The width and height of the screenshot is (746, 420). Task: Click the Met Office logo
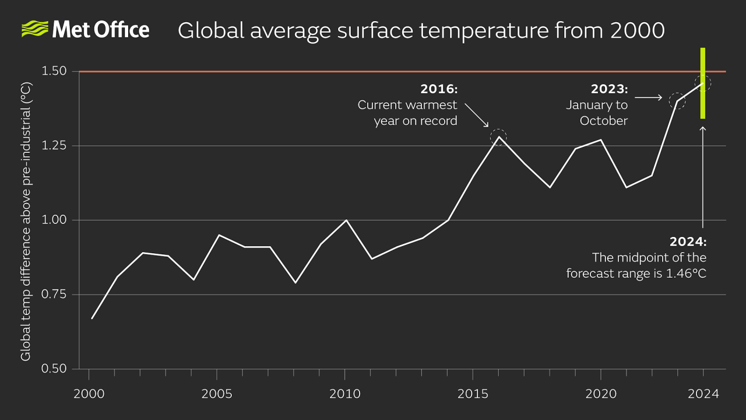[86, 29]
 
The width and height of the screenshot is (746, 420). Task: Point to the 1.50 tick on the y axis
[55, 71]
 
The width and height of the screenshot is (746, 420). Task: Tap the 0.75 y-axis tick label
[55, 295]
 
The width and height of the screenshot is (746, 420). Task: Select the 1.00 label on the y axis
[55, 220]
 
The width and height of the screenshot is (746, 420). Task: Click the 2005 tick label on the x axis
[217, 394]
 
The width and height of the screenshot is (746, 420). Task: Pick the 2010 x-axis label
[345, 394]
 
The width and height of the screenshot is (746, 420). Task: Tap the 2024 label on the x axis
[703, 394]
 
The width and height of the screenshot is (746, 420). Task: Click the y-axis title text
[26, 220]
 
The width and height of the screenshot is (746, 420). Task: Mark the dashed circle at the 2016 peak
[498, 136]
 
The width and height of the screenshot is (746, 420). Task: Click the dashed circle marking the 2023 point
[677, 101]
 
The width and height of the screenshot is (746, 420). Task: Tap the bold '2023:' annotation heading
[609, 89]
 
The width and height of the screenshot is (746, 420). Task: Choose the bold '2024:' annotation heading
[688, 242]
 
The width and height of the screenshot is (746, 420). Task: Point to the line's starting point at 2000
[92, 318]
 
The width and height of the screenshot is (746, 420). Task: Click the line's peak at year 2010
[346, 220]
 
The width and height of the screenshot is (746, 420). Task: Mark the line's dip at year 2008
[295, 283]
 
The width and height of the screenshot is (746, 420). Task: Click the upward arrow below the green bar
[703, 175]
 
